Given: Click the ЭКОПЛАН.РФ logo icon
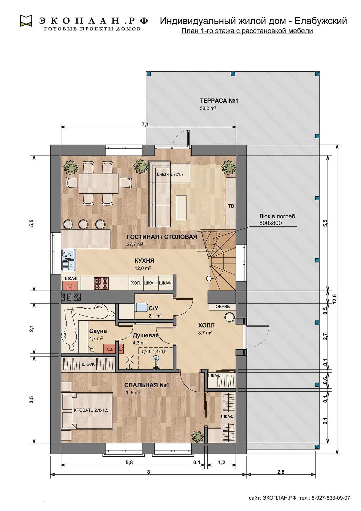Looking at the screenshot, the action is click(26, 21).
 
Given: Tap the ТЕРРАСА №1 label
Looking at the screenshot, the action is click(219, 101).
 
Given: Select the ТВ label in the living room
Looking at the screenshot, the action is click(231, 206).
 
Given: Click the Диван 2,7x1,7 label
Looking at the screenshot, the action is click(170, 175).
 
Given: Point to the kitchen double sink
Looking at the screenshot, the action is click(68, 260).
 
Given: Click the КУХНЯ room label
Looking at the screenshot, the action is click(144, 260).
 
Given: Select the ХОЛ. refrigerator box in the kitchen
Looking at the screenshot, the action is click(136, 283).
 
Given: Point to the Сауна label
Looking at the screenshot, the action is click(98, 331).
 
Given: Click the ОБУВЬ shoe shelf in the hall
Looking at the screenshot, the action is click(222, 307).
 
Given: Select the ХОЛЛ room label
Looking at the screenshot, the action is click(206, 325).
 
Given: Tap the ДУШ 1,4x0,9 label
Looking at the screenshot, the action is click(154, 351).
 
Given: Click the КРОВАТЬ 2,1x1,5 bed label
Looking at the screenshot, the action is click(91, 410).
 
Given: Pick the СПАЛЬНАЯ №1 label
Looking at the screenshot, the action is click(146, 385).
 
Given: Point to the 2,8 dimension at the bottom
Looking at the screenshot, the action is click(281, 470).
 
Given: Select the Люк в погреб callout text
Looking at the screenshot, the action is click(277, 220).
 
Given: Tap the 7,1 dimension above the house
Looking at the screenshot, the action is click(145, 124).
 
